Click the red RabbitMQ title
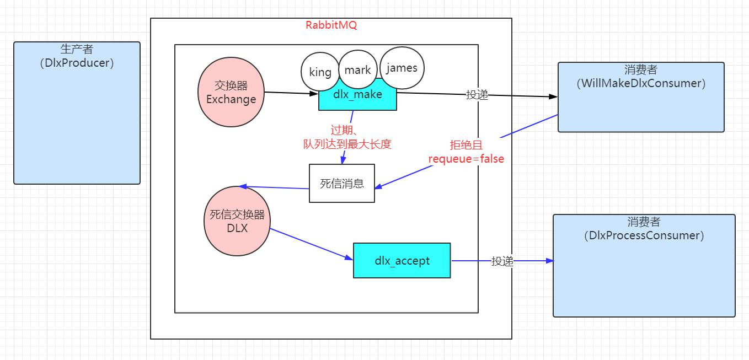click(x=331, y=25)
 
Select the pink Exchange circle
click(x=231, y=93)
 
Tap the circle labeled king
click(x=320, y=72)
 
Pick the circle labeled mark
click(x=357, y=70)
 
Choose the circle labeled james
click(x=402, y=68)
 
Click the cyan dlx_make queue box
click(x=357, y=98)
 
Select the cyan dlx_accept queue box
click(x=402, y=260)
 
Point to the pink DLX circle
click(x=237, y=221)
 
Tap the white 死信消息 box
click(x=342, y=183)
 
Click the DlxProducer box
click(x=77, y=113)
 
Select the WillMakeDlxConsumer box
click(x=641, y=97)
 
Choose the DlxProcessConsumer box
click(x=644, y=266)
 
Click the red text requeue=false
click(x=466, y=159)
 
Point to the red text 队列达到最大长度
click(x=347, y=144)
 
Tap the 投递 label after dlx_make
click(x=477, y=95)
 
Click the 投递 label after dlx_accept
click(x=502, y=261)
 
